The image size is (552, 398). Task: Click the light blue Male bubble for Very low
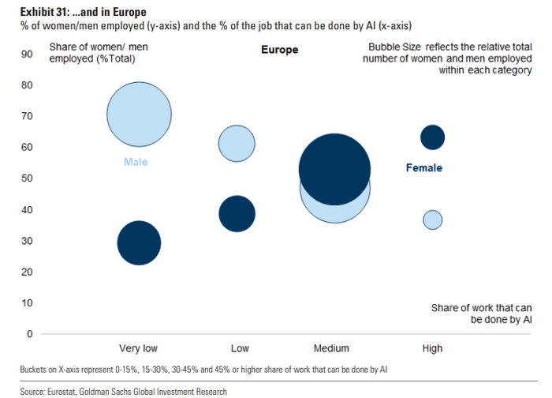tap(139, 115)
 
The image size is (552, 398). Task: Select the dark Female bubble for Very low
tap(139, 243)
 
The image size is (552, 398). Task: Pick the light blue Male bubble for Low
tap(237, 144)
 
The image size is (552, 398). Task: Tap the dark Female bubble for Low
tap(237, 214)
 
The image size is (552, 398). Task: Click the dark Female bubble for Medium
tap(334, 169)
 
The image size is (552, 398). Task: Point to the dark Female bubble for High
tap(433, 137)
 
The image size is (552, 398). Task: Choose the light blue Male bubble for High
tap(433, 220)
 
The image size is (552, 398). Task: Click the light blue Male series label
tap(136, 162)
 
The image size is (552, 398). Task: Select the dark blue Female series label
tap(424, 167)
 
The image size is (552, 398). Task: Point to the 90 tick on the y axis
tap(27, 54)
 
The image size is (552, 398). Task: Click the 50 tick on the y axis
tap(27, 178)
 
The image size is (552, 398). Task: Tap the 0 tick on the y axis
tap(30, 334)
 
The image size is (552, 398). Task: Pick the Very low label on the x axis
tap(138, 348)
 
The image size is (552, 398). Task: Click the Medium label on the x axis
tap(331, 348)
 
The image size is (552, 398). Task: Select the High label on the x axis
tap(432, 348)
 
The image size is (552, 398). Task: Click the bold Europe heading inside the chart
tap(279, 50)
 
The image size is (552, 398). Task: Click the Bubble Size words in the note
tap(394, 47)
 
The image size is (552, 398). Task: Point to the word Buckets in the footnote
tap(33, 370)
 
